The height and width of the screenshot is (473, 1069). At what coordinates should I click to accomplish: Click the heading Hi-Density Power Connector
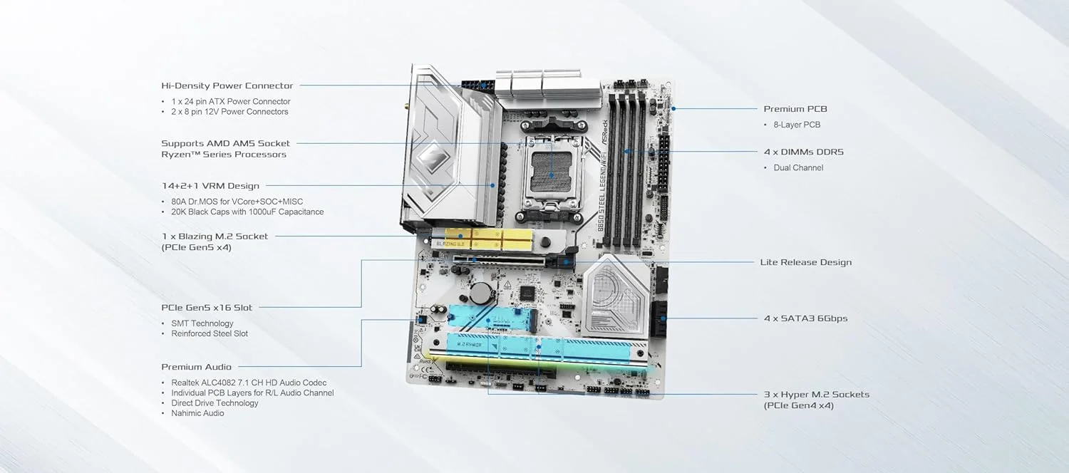tap(227, 85)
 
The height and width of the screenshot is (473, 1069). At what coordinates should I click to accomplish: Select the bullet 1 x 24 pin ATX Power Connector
tap(230, 101)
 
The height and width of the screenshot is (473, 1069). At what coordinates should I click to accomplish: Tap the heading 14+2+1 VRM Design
tap(210, 186)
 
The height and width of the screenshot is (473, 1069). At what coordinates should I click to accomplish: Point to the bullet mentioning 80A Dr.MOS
tap(237, 202)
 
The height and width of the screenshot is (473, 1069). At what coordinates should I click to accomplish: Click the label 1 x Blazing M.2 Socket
tap(215, 236)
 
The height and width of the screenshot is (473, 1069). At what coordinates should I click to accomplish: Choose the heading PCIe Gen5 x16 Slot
tap(207, 308)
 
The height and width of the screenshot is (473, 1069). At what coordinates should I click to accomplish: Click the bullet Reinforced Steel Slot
tap(210, 333)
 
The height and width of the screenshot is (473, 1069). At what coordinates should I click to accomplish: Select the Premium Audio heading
tap(196, 367)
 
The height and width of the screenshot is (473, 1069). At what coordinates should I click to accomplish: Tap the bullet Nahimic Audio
tap(197, 413)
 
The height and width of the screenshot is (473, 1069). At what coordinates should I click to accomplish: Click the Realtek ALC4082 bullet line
tap(249, 383)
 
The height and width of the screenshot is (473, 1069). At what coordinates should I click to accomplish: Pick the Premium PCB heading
tap(795, 109)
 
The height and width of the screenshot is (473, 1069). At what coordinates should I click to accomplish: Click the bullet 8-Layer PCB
tap(797, 125)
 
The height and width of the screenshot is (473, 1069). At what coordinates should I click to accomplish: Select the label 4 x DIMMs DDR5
tap(803, 152)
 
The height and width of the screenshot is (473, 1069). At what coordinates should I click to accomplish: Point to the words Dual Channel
tap(798, 167)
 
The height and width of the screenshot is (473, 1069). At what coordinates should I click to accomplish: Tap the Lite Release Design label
tap(805, 262)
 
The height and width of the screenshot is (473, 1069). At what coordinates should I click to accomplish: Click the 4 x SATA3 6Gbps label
tap(805, 318)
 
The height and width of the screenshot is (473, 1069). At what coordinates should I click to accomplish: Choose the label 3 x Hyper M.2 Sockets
tap(816, 394)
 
